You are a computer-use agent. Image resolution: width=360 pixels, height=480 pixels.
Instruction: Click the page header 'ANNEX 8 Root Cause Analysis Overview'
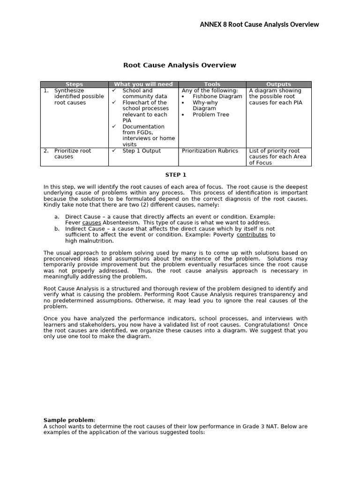tap(259, 24)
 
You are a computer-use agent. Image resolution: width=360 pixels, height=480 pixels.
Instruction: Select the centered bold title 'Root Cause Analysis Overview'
tap(180, 65)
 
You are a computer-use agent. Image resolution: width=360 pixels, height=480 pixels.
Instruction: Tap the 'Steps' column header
tap(74, 84)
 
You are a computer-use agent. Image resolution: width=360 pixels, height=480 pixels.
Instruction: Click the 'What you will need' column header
tap(143, 84)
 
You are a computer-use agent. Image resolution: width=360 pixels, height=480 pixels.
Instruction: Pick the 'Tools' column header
tap(212, 84)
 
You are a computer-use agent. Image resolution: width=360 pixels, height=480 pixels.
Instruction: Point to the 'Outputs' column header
tap(278, 84)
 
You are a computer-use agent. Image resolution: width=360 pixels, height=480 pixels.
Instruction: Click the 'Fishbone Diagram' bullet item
tap(217, 97)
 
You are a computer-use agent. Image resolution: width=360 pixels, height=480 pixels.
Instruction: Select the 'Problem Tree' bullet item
tap(211, 114)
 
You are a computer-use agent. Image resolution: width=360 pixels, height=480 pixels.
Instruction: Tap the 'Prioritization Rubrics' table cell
tap(210, 151)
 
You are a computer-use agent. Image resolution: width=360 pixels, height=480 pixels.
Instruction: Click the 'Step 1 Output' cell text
tap(142, 151)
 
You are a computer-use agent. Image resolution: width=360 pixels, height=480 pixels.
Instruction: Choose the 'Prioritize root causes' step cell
tap(72, 154)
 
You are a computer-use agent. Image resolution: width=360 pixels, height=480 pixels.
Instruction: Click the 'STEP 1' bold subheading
tap(176, 175)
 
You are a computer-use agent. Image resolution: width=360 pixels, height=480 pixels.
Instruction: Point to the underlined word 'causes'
tap(91, 223)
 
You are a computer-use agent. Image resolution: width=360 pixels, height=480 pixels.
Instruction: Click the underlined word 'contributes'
tap(252, 234)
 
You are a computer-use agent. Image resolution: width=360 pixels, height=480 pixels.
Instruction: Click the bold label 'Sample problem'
tap(69, 420)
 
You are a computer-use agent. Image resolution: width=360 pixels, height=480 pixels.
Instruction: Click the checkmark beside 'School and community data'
tap(114, 90)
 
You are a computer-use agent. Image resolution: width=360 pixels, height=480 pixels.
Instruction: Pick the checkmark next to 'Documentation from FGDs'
tap(114, 127)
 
